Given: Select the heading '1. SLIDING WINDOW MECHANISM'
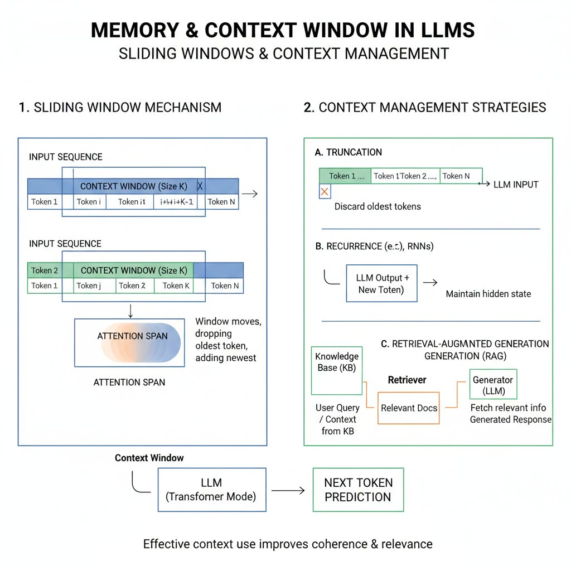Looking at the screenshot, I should pos(120,107).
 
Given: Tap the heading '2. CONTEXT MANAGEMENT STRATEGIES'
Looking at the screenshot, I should pos(425,107).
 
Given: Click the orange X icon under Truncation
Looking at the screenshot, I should pos(325,192).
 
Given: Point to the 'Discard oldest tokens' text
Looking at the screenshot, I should pos(378,206).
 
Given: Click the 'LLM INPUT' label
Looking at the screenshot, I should pos(516,184).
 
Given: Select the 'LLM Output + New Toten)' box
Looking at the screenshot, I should pos(381,283).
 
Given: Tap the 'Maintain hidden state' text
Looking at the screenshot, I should pos(488,293).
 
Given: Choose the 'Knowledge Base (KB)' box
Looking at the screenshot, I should pos(337,362).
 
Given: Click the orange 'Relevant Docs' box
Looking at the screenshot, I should pos(409,408).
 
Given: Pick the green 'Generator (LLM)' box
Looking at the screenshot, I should pos(493,385).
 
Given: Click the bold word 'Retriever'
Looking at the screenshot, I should pos(407,380).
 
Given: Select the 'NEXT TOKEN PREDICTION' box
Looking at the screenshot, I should pos(358,490).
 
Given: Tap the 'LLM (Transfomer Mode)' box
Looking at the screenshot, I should pos(212,490).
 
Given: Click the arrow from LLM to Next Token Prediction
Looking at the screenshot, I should pos(288,491).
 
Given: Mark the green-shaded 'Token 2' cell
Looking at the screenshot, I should pos(45,270).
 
